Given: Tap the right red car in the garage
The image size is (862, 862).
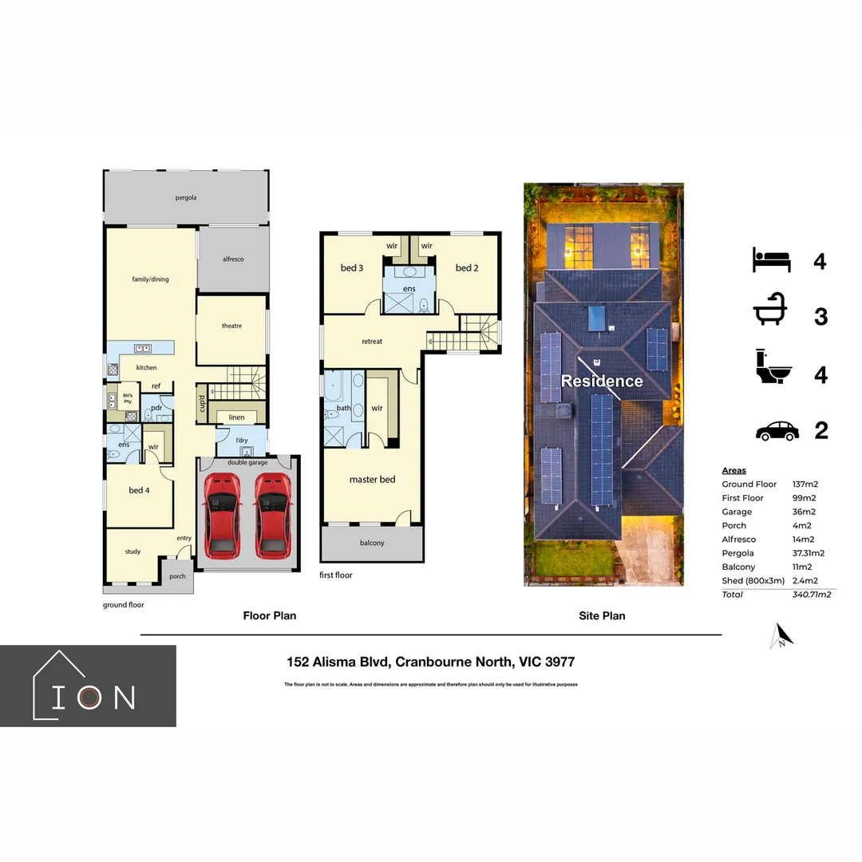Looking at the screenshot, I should point(271,516).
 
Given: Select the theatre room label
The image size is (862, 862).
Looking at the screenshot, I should point(231,326).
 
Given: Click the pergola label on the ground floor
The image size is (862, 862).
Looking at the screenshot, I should point(186,197).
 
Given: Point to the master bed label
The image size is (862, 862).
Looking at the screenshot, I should point(372,480).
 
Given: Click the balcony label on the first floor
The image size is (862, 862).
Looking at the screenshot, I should point(371,543).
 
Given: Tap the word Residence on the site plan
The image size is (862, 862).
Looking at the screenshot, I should point(602,382).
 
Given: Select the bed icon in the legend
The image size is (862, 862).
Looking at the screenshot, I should point(771,260).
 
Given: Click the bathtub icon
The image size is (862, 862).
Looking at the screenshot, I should point(771,315).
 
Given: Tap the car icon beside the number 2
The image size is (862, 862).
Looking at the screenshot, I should point(777,431).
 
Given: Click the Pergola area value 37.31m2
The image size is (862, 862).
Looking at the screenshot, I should point(808,553).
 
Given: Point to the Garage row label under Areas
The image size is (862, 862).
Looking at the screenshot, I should point(737,512).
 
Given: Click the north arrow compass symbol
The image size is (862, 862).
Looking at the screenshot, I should point(782,635).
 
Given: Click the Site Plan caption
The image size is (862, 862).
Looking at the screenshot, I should point(602,615).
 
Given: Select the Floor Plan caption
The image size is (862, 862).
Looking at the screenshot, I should point(270,615).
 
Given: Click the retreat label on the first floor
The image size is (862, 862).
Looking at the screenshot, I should point(372,342).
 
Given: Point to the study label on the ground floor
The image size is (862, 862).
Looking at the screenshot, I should point(132,552).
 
